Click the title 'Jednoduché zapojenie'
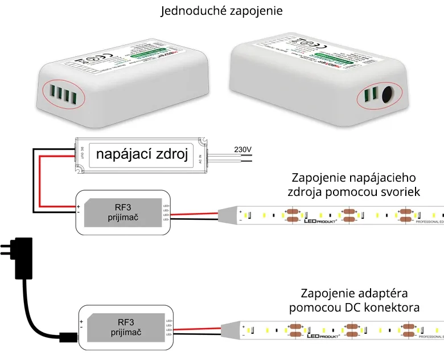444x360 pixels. [223, 10]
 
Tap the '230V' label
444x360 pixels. [242, 150]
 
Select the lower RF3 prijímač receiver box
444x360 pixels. [125, 326]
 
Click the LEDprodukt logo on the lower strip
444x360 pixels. [322, 337]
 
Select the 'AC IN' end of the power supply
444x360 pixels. [200, 154]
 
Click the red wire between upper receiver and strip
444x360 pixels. [194, 214]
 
